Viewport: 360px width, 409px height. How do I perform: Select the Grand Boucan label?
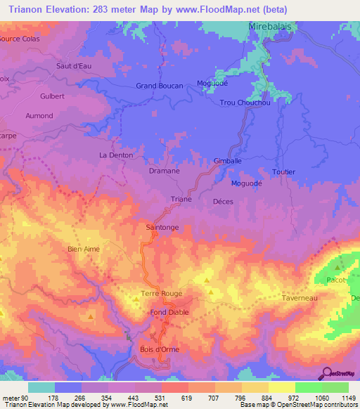(159, 86)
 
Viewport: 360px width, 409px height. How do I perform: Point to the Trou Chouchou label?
(245, 103)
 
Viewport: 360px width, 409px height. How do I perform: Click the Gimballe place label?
(227, 160)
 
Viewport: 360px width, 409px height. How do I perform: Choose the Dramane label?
(164, 171)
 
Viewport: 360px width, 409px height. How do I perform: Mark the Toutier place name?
(283, 171)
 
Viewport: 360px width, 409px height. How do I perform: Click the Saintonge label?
(162, 228)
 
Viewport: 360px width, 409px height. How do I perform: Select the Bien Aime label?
(84, 249)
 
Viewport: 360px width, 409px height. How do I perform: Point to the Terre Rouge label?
(162, 294)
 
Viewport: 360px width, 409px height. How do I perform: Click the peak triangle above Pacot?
(339, 267)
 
